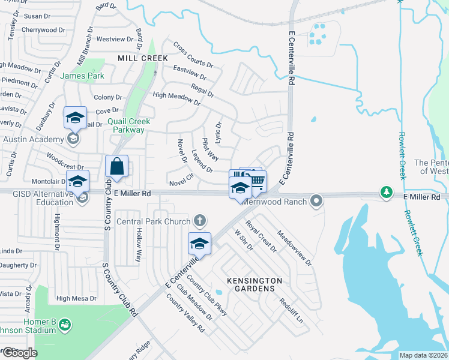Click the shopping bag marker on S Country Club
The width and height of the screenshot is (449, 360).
point(116,167)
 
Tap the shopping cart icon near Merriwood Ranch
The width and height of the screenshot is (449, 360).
point(257,181)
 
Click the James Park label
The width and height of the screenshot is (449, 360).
point(82,76)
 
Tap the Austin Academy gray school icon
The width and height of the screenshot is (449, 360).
point(73,139)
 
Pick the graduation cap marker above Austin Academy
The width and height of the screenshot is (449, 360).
point(76,118)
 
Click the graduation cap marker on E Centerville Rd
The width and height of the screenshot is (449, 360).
point(199,244)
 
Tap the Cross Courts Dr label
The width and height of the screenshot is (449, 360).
point(193,55)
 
